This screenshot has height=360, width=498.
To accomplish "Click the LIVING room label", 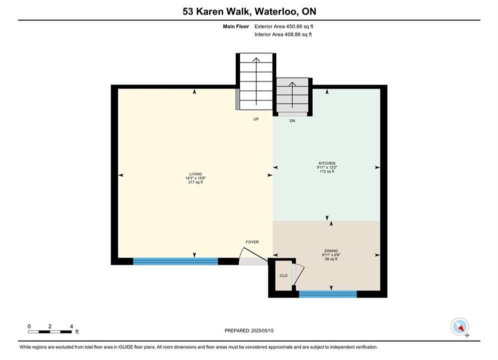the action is click(195, 174).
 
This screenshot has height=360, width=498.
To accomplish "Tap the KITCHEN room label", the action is click(327, 163).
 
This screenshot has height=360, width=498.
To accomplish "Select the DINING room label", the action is click(331, 250).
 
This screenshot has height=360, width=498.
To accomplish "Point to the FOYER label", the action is click(252, 242).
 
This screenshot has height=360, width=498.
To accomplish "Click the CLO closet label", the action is click(283, 275).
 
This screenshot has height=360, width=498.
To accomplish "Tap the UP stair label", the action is click(256, 119).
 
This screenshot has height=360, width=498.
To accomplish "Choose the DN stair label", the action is click(292, 121).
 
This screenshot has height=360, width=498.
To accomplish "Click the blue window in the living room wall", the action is click(176, 261).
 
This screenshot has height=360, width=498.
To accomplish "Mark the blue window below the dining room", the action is click(328, 294).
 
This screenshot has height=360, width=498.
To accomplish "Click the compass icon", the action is click(459, 326).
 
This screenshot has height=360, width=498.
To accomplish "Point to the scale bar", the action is click(50, 332).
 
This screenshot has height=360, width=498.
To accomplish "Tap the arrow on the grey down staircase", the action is click(292, 94).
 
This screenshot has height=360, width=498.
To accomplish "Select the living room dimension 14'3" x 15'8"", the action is click(196, 178).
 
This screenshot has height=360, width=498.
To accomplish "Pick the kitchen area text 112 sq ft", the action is click(327, 171).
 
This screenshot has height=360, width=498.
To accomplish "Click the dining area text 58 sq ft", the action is click(331, 259).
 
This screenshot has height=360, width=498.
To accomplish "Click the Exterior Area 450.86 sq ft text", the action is click(284, 26).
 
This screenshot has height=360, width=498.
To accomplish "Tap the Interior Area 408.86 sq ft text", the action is click(283, 34).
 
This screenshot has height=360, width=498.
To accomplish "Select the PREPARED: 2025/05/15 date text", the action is click(249, 330).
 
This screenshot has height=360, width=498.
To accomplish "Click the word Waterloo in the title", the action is click(276, 11).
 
